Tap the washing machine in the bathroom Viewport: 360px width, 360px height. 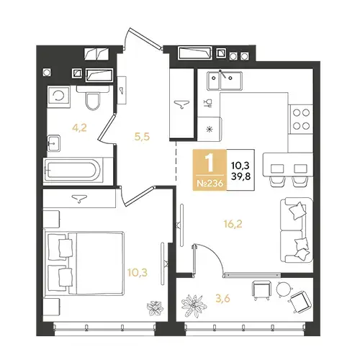click(x=59, y=96)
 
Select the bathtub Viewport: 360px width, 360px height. click(x=73, y=171)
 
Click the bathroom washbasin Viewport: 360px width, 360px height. click(x=53, y=143)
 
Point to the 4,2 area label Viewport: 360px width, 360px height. click(x=79, y=128)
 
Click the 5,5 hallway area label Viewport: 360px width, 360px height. click(x=142, y=137)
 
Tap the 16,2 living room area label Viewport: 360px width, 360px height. click(x=233, y=224)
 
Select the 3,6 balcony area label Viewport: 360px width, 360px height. click(x=223, y=299)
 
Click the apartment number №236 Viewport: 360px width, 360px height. click(x=210, y=184)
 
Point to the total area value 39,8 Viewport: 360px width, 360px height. click(x=240, y=176)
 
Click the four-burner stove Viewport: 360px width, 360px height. click(x=301, y=119)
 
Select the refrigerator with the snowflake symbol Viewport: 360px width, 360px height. click(x=210, y=129)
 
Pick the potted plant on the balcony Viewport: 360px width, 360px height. click(x=194, y=306)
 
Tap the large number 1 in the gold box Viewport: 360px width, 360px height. click(x=210, y=163)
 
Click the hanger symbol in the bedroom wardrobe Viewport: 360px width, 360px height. click(x=79, y=199)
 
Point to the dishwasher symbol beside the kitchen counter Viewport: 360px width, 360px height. click(x=208, y=103)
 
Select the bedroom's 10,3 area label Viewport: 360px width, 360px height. click(x=138, y=273)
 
